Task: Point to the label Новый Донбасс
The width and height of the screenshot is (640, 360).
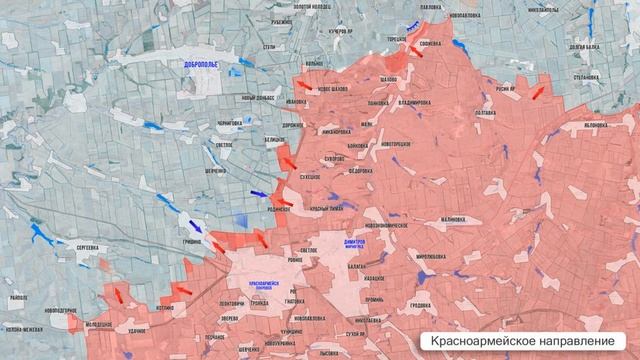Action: point(257,97)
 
